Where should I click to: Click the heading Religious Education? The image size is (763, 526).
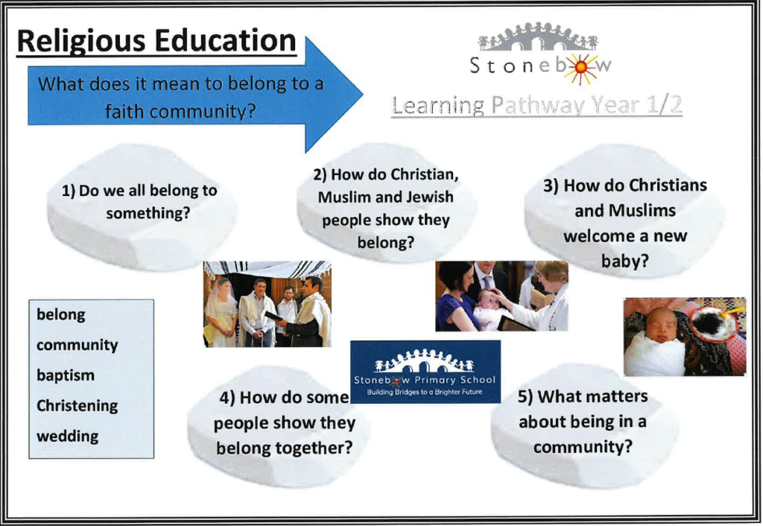[156, 42]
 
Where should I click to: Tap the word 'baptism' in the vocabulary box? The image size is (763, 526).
[66, 376]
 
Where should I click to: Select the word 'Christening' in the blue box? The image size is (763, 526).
[77, 406]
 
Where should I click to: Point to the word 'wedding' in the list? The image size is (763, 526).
[67, 436]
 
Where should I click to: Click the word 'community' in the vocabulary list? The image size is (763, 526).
[77, 346]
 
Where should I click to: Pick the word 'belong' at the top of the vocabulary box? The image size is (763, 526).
[61, 315]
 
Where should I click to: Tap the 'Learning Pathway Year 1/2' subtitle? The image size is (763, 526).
[536, 105]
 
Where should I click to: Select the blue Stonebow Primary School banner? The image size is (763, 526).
[425, 372]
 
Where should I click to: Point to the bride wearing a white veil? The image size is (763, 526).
[220, 311]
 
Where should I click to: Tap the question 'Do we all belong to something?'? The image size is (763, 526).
[139, 201]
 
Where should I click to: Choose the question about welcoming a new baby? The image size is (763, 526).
[625, 223]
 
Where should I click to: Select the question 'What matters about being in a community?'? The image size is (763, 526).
[583, 422]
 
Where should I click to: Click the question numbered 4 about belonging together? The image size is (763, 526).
[285, 422]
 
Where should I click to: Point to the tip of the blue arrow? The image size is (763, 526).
[363, 95]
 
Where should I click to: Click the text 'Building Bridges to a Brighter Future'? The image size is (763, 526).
[424, 392]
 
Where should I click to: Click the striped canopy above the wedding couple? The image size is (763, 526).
[267, 269]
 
